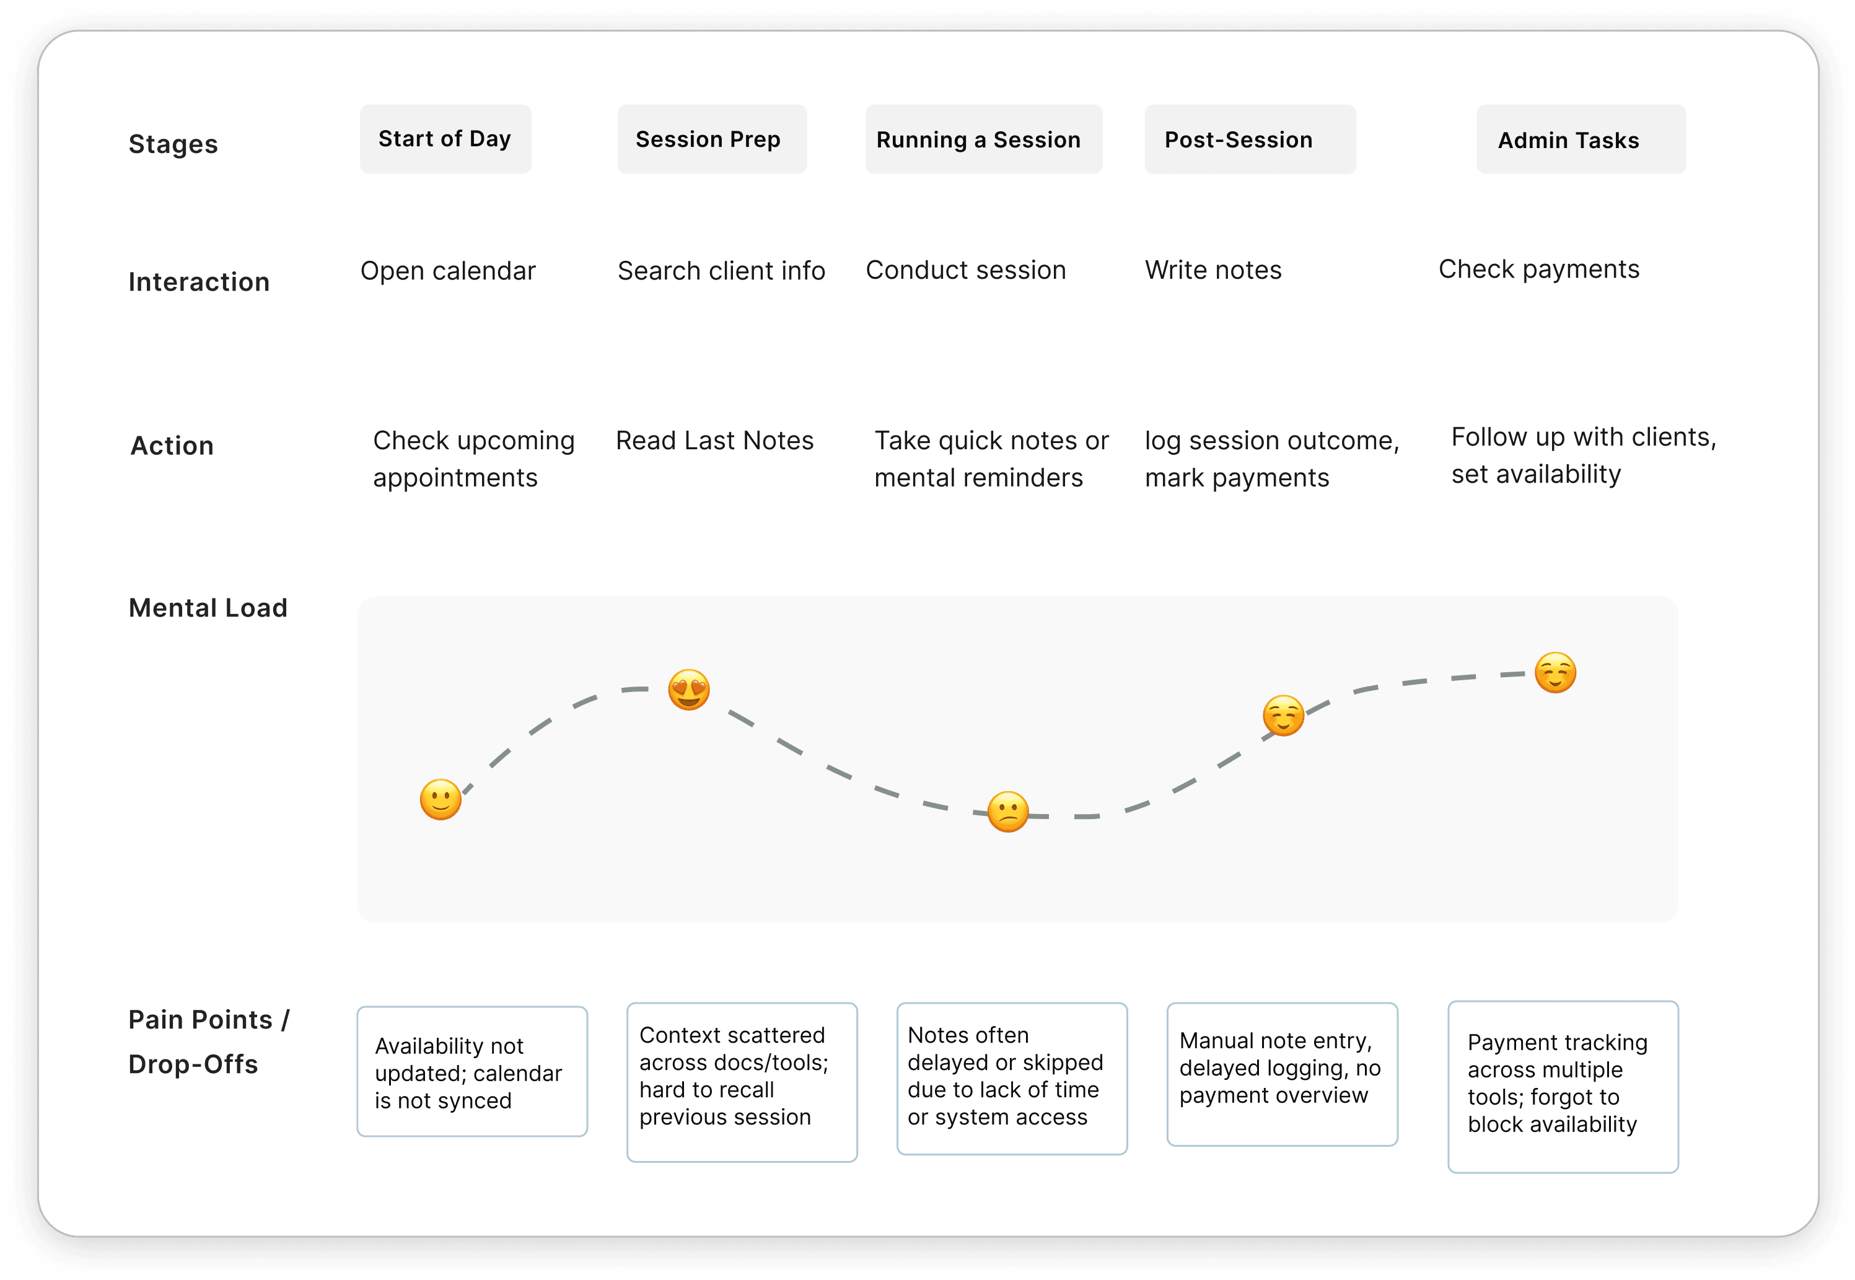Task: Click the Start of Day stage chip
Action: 445,139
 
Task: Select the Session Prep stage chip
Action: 711,139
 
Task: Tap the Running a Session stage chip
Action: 983,139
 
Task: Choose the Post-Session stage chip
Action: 1250,139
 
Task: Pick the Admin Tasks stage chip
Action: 1581,139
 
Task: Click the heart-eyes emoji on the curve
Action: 689,690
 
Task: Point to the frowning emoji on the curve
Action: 1008,812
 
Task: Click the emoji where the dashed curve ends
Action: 1555,672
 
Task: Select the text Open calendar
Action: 447,271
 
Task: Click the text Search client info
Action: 721,271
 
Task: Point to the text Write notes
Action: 1213,270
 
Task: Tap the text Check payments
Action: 1538,270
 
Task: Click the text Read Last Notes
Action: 714,441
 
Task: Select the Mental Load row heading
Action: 208,608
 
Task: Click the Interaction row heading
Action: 199,283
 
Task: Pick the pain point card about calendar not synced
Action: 472,1071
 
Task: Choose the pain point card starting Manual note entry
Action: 1281,1074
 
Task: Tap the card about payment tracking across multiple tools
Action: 1563,1087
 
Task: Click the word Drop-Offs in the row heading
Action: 193,1064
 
